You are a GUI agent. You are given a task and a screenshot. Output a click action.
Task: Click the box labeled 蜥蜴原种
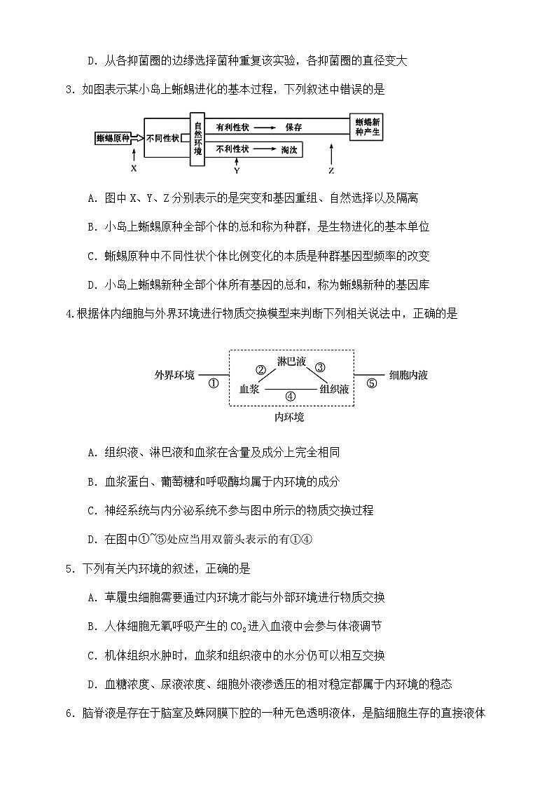(112, 138)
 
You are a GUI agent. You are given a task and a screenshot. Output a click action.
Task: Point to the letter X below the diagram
(133, 169)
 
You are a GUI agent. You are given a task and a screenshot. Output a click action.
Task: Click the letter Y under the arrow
(237, 170)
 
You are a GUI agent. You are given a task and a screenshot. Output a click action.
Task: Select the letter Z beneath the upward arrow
(331, 170)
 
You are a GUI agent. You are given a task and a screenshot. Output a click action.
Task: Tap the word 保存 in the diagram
(293, 128)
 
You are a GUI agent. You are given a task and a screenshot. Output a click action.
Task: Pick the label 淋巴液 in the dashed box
(291, 362)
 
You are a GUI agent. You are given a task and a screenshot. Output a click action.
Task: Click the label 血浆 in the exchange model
(249, 389)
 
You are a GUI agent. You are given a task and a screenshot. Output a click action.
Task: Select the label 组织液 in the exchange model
(334, 389)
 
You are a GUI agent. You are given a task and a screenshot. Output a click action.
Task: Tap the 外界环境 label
(175, 375)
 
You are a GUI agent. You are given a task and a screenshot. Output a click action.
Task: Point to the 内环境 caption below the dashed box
(289, 417)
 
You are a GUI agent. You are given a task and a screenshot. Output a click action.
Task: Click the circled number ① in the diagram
(214, 383)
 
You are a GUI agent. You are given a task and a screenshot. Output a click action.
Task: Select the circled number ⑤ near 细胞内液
(372, 383)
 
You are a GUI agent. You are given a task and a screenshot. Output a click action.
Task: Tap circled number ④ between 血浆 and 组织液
(291, 397)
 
